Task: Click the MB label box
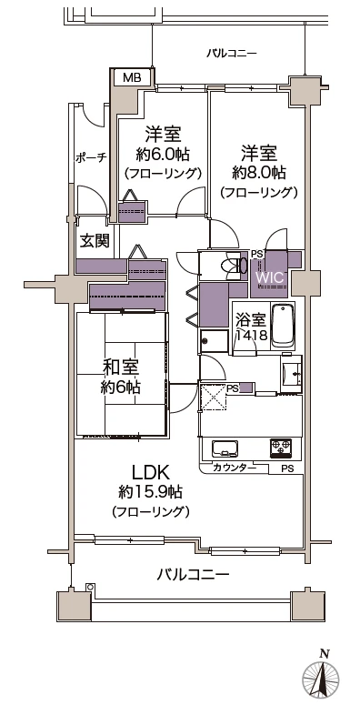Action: point(131,78)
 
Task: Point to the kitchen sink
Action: point(224,448)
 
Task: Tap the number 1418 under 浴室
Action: point(251,336)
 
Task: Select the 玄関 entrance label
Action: point(95,241)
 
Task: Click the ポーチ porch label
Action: point(91,157)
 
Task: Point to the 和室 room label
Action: point(121,368)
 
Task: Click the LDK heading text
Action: point(152,473)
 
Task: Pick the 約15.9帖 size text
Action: point(151,492)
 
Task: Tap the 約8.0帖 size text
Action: point(259,172)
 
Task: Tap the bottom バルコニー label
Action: point(193,575)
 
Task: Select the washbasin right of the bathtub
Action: point(291,373)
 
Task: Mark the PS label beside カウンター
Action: point(287,469)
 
